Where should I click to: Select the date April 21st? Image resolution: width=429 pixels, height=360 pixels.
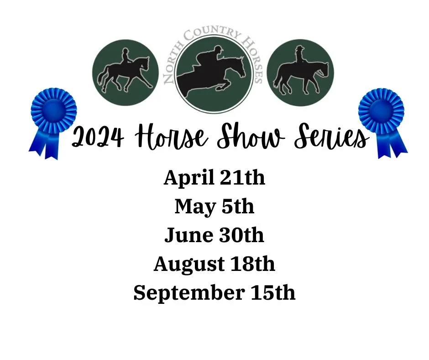pos(214,178)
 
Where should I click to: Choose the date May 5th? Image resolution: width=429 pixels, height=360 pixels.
pos(214,206)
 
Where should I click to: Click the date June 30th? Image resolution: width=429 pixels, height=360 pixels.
pos(214,235)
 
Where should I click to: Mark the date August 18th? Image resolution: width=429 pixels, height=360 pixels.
pos(214,264)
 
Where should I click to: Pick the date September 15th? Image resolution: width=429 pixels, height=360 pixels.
pos(214,293)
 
